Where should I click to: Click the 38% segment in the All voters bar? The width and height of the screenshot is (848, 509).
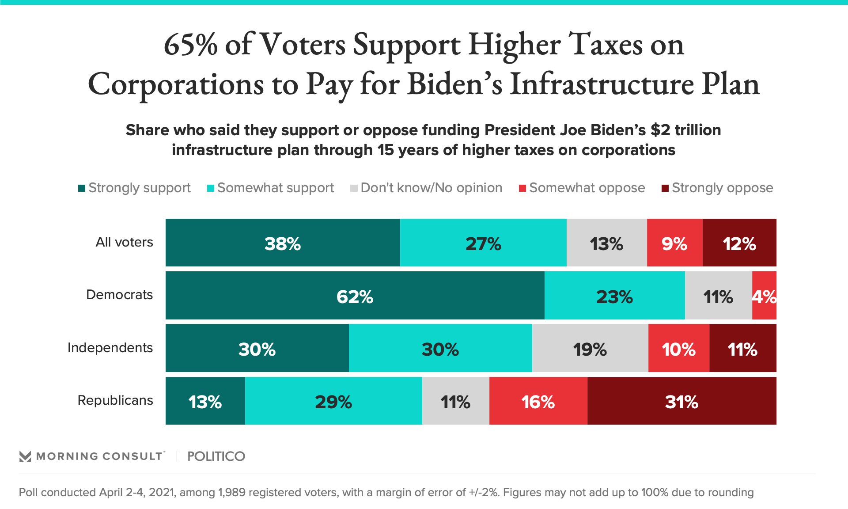pyautogui.click(x=283, y=243)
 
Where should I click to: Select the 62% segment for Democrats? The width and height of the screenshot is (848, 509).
pyautogui.click(x=355, y=296)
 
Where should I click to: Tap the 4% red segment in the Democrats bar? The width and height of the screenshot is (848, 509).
pyautogui.click(x=764, y=296)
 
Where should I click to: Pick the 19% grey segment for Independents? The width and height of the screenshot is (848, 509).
pyautogui.click(x=590, y=349)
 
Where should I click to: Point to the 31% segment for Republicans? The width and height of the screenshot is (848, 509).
pyautogui.click(x=681, y=401)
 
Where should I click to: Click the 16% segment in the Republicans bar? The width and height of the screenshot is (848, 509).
pyautogui.click(x=538, y=401)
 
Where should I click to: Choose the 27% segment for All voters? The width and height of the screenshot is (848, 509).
pyautogui.click(x=483, y=243)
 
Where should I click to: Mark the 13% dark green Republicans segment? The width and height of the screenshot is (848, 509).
pyautogui.click(x=205, y=401)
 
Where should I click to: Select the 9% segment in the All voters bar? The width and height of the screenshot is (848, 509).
pyautogui.click(x=674, y=243)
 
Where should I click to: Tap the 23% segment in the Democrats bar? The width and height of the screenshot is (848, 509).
pyautogui.click(x=614, y=296)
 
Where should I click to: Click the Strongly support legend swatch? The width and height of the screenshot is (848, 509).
pyautogui.click(x=82, y=188)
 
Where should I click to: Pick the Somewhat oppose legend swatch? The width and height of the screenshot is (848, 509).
pyautogui.click(x=522, y=188)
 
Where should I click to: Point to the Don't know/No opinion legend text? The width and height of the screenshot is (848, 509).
pyautogui.click(x=431, y=188)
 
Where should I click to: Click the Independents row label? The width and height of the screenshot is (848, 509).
pyautogui.click(x=110, y=348)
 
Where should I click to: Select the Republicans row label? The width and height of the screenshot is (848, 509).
pyautogui.click(x=115, y=400)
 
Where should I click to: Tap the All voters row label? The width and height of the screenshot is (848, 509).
pyautogui.click(x=124, y=242)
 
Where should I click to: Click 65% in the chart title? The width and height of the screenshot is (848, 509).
pyautogui.click(x=190, y=45)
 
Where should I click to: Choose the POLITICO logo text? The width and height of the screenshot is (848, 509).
pyautogui.click(x=216, y=456)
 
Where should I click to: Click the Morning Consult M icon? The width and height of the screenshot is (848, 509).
pyautogui.click(x=25, y=456)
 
